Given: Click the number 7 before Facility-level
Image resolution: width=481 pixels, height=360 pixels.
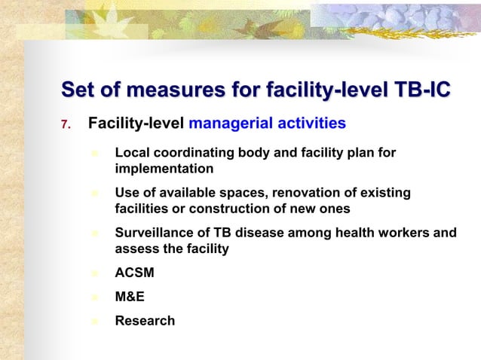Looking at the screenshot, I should click(x=64, y=124).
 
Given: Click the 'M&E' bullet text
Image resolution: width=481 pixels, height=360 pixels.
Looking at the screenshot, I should click(x=130, y=297).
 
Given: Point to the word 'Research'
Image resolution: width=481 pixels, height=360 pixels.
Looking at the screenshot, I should click(x=145, y=321).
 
